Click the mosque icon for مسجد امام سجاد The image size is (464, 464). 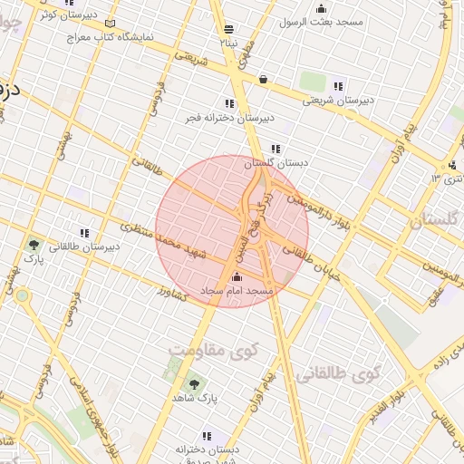(237, 276)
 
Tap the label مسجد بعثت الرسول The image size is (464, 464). (322, 21)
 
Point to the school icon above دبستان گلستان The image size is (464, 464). (275, 149)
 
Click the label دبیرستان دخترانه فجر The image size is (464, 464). (229, 118)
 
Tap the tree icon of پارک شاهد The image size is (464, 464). (191, 384)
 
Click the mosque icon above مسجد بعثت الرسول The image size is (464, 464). (322, 8)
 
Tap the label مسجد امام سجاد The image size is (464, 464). (237, 291)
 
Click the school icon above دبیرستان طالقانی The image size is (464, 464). (84, 233)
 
